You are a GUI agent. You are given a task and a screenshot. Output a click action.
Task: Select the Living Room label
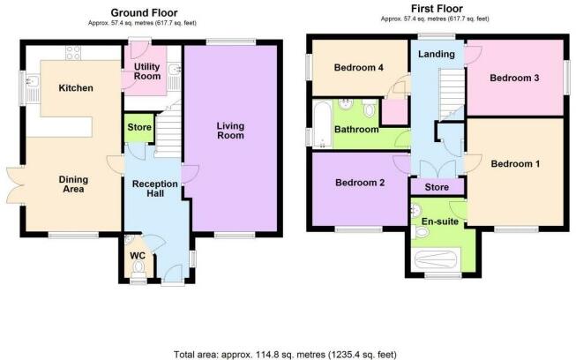point(230,131)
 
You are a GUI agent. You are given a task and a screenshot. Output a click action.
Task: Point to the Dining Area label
point(73,184)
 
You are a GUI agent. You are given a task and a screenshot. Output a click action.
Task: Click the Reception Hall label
point(154,190)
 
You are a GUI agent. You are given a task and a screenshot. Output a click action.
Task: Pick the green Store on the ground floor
point(138,127)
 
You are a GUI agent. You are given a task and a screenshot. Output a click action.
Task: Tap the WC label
point(138,258)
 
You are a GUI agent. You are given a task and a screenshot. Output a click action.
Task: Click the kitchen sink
point(33,86)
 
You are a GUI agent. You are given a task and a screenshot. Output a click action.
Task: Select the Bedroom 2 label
point(358,184)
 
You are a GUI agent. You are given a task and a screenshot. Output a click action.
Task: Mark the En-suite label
point(440,221)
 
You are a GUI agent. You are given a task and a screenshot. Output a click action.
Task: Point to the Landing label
point(437,55)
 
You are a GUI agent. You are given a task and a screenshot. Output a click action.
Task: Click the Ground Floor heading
point(146,12)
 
